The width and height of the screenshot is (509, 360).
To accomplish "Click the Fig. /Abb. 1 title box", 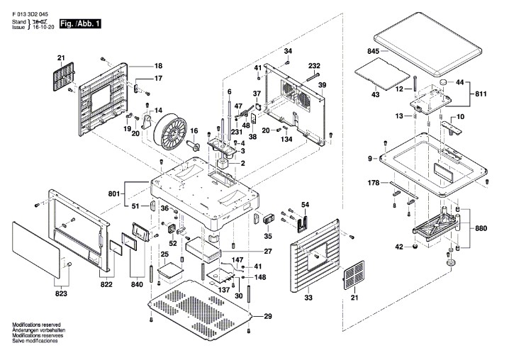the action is pos(80,23).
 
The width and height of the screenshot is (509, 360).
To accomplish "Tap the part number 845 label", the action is pos(374,51).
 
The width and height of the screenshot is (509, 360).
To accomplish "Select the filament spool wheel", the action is pos(169,132).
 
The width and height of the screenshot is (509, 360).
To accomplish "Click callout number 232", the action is pos(314,66).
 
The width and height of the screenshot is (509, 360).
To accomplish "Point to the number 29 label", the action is pos(268,316).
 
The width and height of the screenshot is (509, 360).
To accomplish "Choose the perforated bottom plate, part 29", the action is pos(200,310).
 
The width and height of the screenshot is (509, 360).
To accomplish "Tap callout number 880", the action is pos(481,228).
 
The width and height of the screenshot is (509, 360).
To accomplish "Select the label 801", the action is pos(114,194).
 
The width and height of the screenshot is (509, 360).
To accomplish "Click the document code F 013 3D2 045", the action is pos(30,15).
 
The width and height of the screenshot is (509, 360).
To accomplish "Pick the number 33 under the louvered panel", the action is pos(308,298).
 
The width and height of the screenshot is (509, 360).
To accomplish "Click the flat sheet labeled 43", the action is pos(382,74).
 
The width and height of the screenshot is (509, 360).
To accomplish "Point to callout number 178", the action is pos(374,183).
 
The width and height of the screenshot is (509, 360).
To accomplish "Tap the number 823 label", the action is pos(61,293).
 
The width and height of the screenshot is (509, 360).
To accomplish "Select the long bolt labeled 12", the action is pos(415,84).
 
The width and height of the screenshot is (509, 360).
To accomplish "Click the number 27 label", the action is pos(268,252).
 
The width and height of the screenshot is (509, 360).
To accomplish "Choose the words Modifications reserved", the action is pos(36,325).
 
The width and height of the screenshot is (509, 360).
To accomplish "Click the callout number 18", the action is pos(158,66).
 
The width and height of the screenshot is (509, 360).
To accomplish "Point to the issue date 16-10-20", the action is pos(43,27).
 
